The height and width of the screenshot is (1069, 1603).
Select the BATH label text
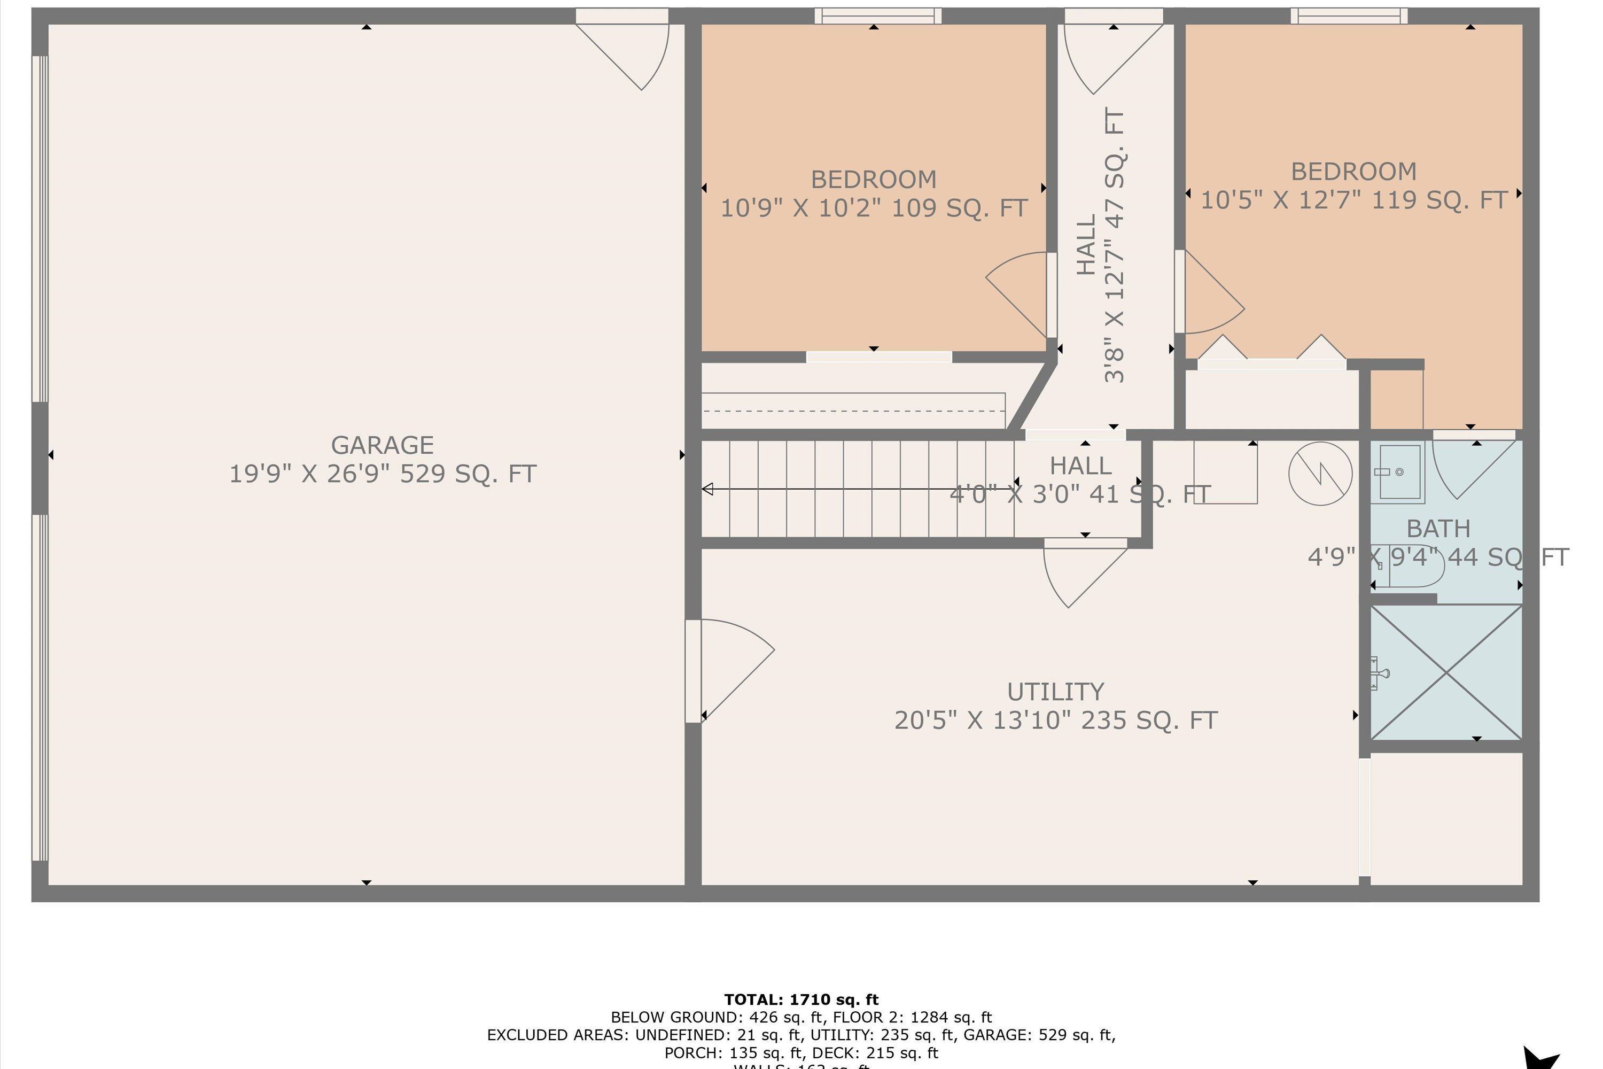point(1438,529)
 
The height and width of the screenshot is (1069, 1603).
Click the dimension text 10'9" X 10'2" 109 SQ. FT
point(874,208)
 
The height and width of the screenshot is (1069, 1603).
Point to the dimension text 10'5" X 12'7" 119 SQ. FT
point(1353,200)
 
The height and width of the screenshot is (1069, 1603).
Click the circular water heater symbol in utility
point(1320,473)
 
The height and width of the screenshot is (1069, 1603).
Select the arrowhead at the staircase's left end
point(707,489)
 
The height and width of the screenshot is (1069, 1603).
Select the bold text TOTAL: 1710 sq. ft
point(801,1000)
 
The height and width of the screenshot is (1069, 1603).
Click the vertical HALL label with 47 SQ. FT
point(1100,245)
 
